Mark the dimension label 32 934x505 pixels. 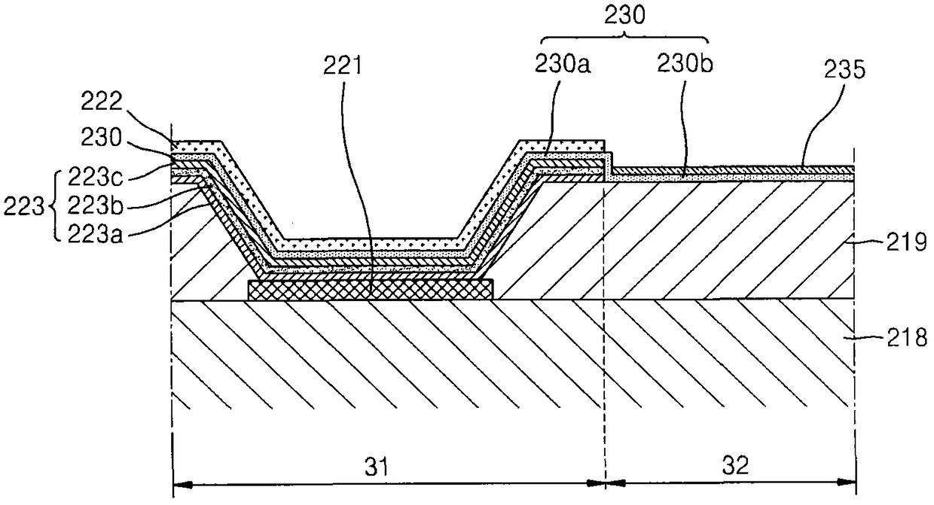pyautogui.click(x=731, y=467)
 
